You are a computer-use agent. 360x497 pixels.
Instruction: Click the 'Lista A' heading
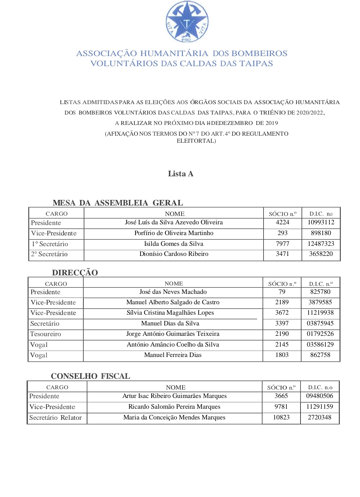point(181,174)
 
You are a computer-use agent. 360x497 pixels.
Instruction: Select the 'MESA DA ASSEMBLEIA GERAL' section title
point(118,203)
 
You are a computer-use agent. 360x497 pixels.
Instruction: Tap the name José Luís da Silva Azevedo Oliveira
point(174,222)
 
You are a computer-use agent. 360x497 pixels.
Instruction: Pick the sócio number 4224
point(282,222)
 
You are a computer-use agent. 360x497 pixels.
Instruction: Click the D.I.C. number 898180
point(321,233)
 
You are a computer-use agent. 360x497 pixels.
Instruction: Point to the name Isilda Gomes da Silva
point(174,244)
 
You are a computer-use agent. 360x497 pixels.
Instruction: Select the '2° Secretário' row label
point(49,254)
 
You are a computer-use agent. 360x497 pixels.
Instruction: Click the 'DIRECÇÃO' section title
point(75,273)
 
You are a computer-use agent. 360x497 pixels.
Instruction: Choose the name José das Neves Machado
point(173,292)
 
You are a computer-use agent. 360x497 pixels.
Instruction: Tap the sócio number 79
point(282,292)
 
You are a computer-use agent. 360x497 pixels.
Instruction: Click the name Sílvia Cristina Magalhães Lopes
point(170,313)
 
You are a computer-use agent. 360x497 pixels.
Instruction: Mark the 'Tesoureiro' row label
point(46,334)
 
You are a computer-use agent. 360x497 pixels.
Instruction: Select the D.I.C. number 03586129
point(320,345)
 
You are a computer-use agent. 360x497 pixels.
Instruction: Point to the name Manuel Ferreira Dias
point(173,355)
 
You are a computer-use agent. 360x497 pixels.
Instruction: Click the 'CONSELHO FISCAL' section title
point(90,376)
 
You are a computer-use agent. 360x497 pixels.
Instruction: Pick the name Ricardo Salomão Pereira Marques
point(174,407)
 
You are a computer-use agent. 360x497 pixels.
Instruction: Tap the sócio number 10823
point(281,417)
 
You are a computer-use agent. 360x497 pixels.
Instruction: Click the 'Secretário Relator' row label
point(55,418)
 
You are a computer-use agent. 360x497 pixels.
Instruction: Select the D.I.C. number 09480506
point(319,396)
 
